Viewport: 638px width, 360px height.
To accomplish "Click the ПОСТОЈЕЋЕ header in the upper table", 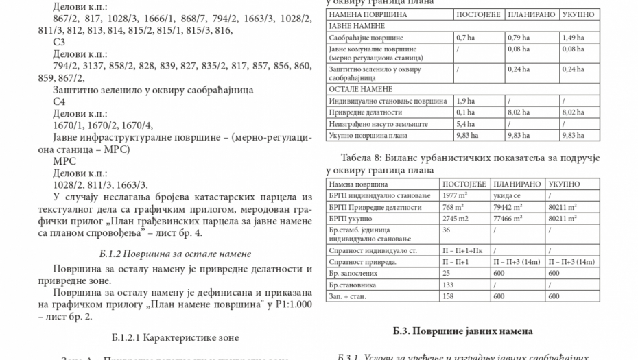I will pos(479,14).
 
